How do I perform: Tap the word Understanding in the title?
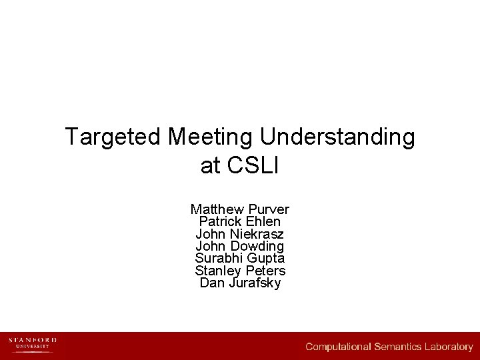point(337,138)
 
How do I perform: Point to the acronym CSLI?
point(253,166)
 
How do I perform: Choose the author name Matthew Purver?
point(240,209)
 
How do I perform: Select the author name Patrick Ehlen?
point(240,221)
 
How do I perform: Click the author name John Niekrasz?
point(240,234)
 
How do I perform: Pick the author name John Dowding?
point(240,246)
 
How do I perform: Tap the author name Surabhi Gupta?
point(240,258)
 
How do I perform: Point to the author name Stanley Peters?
point(240,271)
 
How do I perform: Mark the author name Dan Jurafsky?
point(240,283)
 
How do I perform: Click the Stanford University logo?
point(33,344)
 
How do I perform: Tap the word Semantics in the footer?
point(399,347)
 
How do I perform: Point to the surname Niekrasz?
point(257,234)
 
